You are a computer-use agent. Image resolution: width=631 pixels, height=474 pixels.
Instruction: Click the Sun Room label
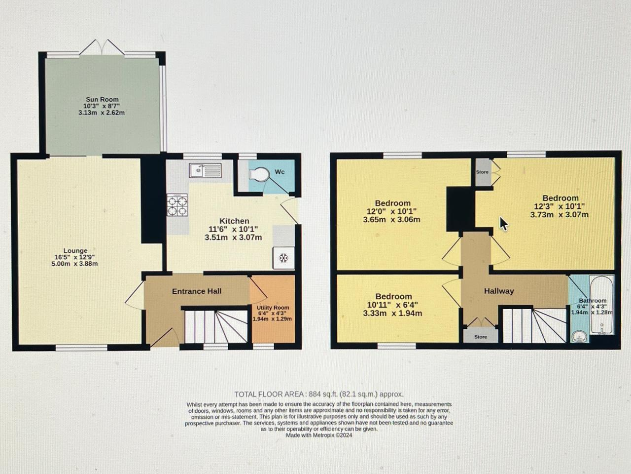tap(102, 100)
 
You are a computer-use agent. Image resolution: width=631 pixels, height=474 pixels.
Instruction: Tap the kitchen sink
tap(205, 170)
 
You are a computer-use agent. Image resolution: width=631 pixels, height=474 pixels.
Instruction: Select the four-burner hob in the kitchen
tap(177, 205)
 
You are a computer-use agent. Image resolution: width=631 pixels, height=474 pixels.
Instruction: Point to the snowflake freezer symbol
tap(284, 258)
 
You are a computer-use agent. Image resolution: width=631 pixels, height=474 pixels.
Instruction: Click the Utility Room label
tap(273, 308)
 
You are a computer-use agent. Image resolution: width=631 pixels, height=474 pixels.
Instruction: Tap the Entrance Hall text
tap(197, 291)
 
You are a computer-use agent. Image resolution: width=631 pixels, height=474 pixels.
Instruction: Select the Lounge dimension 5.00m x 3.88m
tap(75, 264)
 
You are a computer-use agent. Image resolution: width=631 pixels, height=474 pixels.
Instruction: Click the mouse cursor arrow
tap(503, 224)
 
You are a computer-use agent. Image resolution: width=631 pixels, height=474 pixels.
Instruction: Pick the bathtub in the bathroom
tap(601, 305)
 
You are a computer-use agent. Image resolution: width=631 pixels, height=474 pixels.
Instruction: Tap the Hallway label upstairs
tap(499, 291)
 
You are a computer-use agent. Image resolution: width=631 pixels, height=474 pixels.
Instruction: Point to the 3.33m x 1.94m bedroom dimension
tap(392, 313)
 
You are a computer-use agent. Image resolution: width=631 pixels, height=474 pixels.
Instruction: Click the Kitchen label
tap(234, 221)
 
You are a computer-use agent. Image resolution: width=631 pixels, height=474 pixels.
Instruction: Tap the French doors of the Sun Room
tap(102, 47)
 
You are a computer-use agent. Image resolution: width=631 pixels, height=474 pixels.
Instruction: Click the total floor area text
tap(319, 394)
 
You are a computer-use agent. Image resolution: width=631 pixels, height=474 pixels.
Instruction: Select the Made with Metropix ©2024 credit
tap(319, 435)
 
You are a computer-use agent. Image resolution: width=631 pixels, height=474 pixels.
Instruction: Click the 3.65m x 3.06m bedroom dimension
tap(391, 220)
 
